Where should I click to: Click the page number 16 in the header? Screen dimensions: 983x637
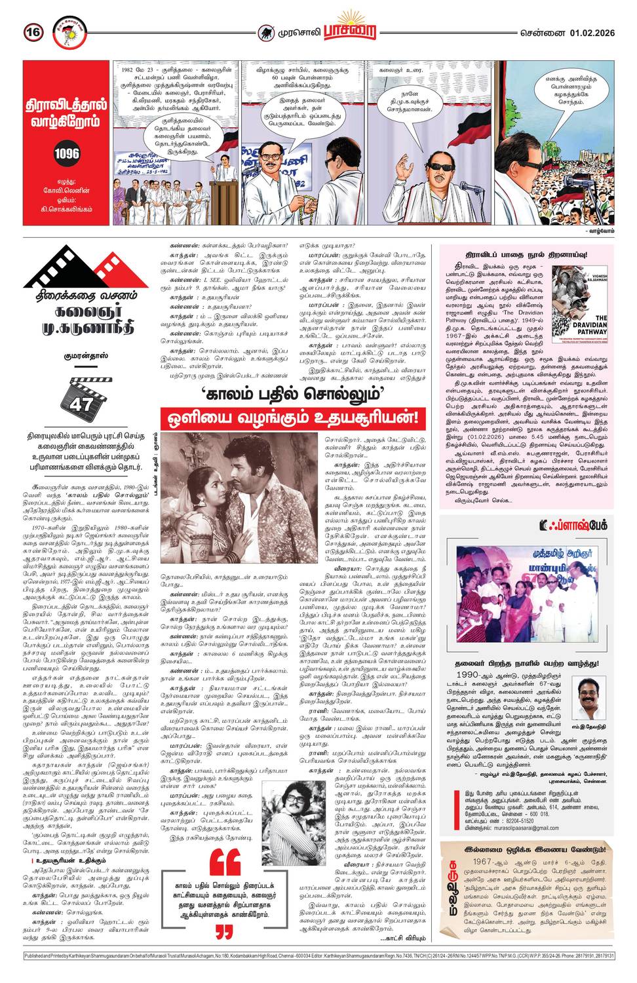[x=33, y=31]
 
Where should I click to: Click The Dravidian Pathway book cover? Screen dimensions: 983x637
[x=581, y=298]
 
